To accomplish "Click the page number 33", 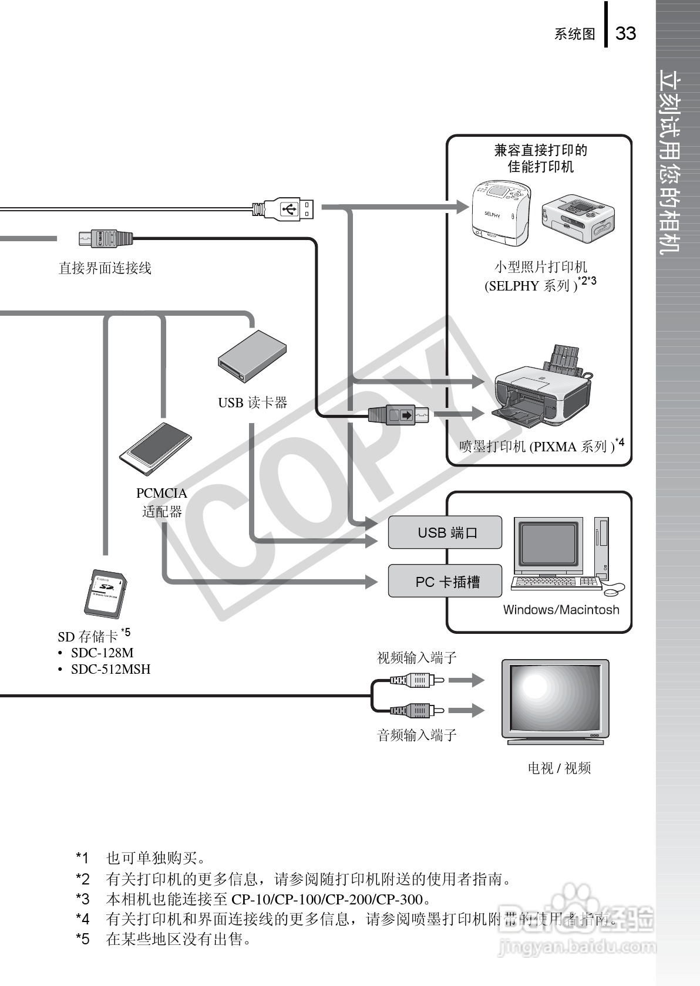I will click(x=625, y=33).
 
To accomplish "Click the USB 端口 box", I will click(x=445, y=532).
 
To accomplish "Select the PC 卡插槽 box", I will click(x=445, y=582).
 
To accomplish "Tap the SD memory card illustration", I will click(x=105, y=594).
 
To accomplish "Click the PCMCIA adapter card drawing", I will click(x=155, y=450).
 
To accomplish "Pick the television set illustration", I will click(x=555, y=702).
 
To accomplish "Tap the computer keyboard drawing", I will click(x=556, y=583).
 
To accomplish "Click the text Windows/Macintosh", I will click(x=561, y=610).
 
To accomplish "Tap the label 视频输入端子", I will click(x=416, y=658).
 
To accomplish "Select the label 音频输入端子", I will click(x=416, y=735).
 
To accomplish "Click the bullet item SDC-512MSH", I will click(x=110, y=669).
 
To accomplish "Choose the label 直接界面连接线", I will click(x=105, y=268).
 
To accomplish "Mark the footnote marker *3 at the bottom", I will click(x=83, y=899).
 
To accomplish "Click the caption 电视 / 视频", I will click(x=559, y=768).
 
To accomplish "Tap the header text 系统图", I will click(x=574, y=34).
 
